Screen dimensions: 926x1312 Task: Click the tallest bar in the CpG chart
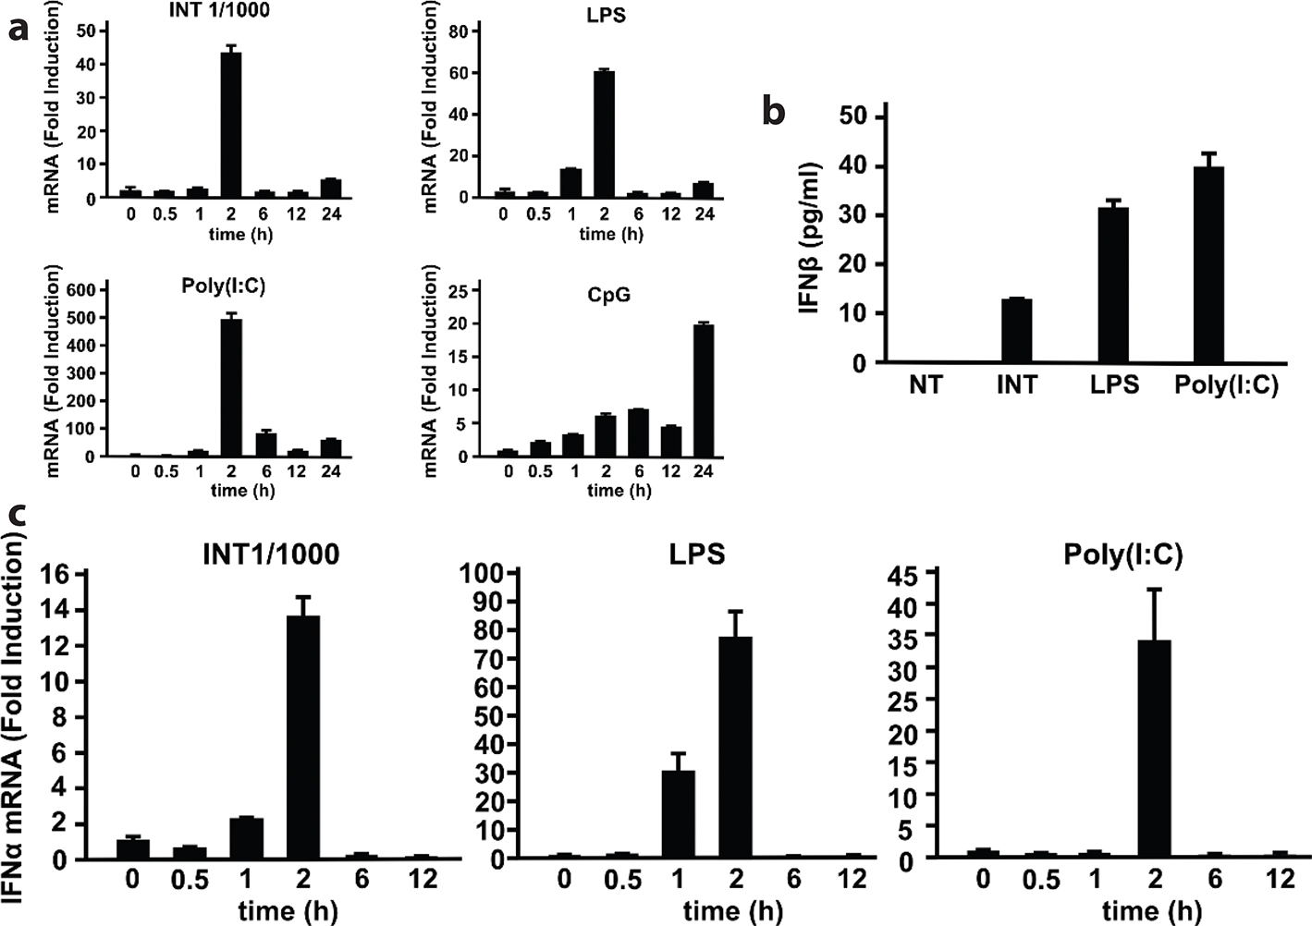click(x=704, y=390)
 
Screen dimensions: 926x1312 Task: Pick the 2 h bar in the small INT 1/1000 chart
click(x=231, y=125)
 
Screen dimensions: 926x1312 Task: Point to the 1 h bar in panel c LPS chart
click(x=678, y=814)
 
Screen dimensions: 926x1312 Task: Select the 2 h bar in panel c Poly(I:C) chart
click(x=1154, y=749)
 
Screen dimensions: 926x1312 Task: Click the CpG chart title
click(x=609, y=296)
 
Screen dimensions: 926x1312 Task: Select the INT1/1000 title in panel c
click(x=271, y=554)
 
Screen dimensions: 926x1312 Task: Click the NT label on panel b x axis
click(x=926, y=384)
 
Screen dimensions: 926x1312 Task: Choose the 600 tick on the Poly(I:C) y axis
click(x=81, y=290)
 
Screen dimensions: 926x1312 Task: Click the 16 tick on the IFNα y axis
click(x=56, y=574)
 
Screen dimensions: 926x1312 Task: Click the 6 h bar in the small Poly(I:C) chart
click(x=266, y=444)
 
